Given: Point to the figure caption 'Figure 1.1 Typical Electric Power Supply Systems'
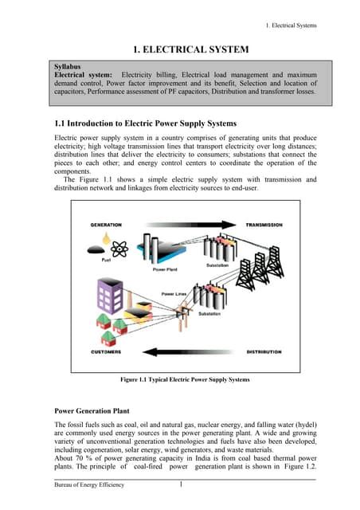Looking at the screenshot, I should coord(184,380).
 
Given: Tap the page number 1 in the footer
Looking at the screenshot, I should coord(182,486).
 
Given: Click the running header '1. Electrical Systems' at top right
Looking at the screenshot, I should coord(284,25).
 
